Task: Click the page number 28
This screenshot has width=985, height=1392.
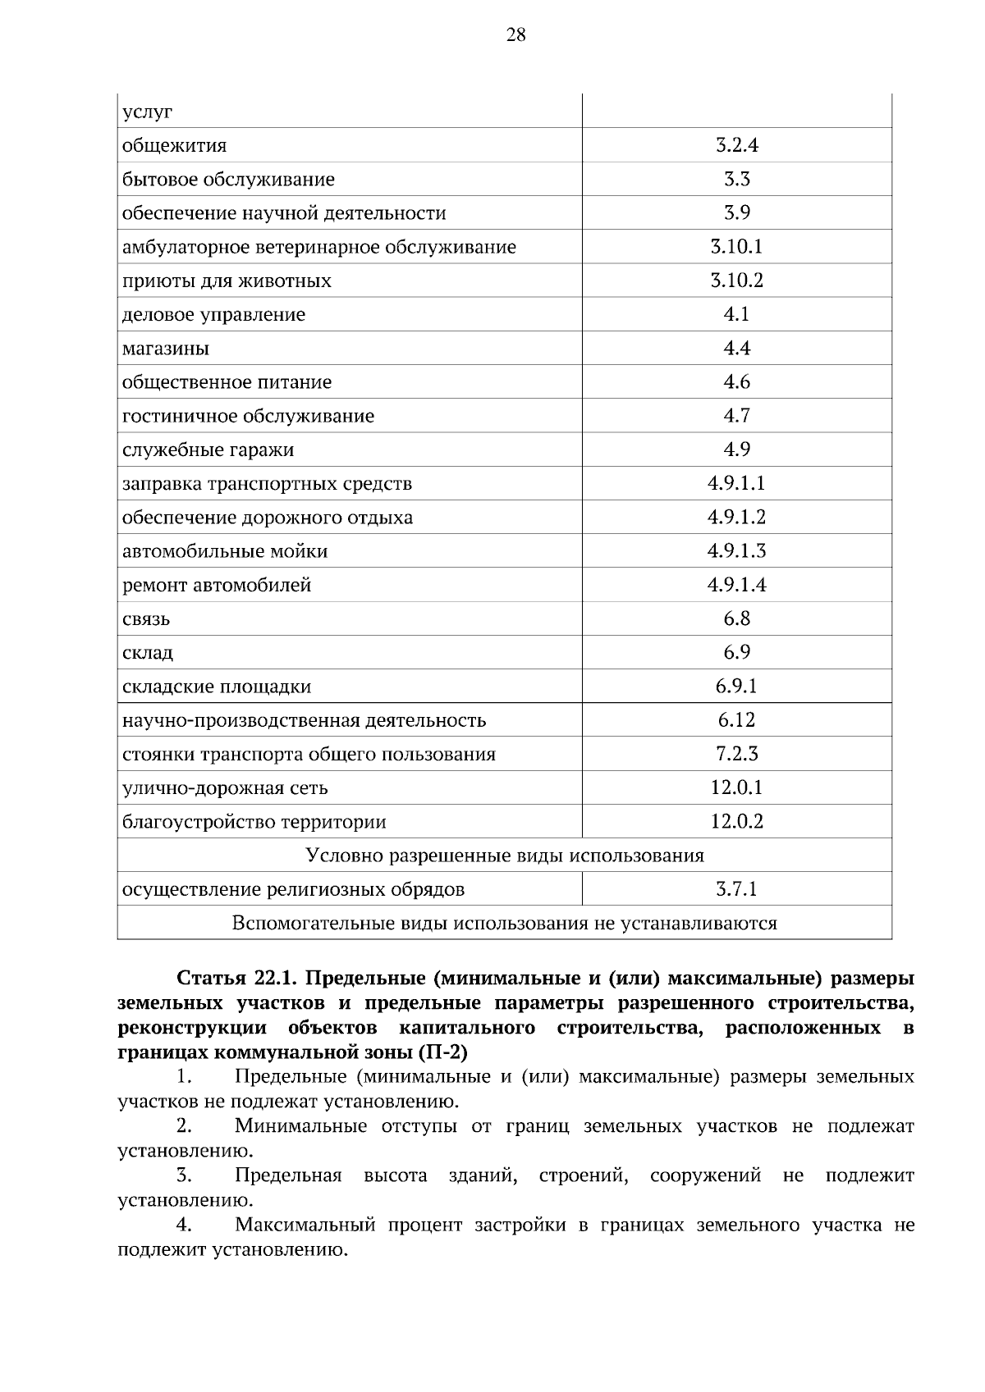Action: [515, 34]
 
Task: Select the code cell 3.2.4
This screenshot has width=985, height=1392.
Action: [736, 146]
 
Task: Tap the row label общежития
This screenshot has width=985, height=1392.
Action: [174, 146]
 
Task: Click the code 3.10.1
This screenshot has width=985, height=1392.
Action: [736, 247]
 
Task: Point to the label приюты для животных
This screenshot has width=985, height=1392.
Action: [227, 281]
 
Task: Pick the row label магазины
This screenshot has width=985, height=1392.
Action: [166, 349]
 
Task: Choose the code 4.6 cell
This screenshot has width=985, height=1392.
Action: [736, 382]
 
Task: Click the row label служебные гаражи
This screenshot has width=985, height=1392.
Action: [208, 450]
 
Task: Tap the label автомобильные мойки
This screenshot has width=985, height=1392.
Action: [225, 551]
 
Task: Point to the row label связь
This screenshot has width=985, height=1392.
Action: [146, 619]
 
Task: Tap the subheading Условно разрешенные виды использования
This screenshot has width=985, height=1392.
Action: [505, 856]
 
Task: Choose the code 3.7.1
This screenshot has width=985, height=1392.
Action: [736, 889]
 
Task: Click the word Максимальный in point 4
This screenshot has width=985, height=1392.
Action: [305, 1225]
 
